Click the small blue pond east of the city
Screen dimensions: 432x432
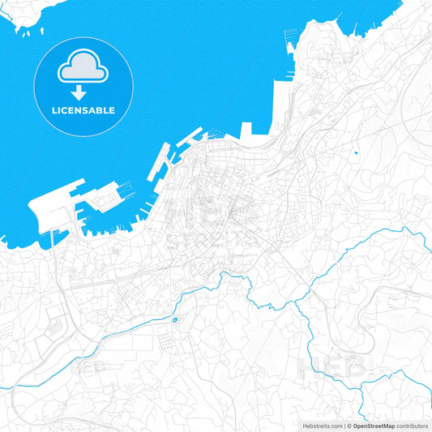(x=355, y=152)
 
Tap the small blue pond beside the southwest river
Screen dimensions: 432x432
(x=174, y=321)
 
